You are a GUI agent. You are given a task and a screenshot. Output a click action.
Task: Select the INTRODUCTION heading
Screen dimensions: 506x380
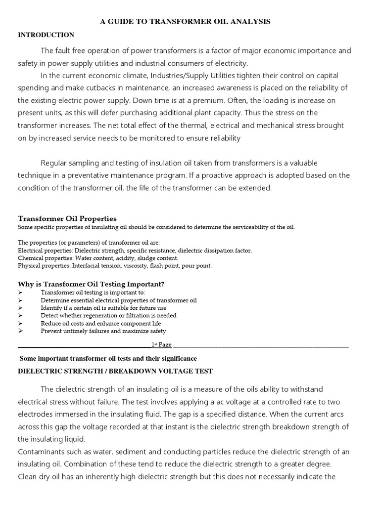pos(46,35)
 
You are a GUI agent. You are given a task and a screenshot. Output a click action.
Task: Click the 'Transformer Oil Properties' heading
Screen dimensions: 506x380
pos(67,218)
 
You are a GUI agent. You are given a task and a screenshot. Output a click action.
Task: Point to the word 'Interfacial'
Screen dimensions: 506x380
pos(88,265)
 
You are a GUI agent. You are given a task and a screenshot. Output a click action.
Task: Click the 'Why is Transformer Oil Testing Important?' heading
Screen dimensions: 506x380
pos(91,284)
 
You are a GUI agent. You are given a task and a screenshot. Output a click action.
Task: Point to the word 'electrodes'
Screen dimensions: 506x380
pos(37,414)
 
